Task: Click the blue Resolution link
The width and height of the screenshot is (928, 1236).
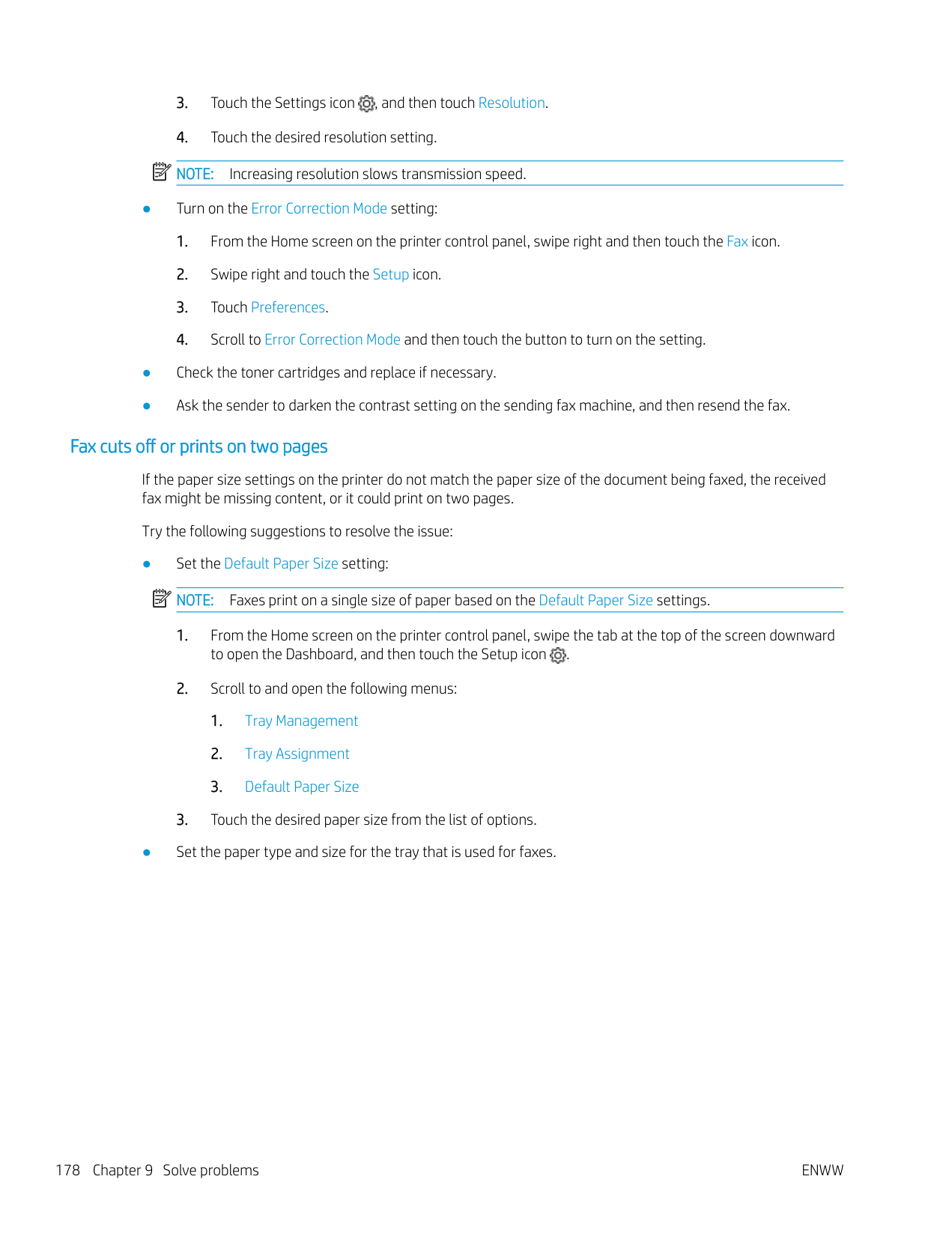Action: click(512, 103)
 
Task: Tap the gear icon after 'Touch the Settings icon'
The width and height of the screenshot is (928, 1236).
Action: click(366, 104)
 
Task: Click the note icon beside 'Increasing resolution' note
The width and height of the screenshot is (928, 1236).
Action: click(161, 172)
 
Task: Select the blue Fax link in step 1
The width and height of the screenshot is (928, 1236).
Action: click(737, 242)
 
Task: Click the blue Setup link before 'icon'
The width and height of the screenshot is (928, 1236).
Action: click(390, 275)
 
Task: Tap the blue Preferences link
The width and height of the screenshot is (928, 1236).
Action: click(288, 308)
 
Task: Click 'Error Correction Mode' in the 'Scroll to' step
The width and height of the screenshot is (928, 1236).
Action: click(332, 340)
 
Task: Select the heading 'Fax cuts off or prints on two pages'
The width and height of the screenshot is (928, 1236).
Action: click(198, 447)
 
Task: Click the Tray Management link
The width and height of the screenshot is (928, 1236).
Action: click(301, 721)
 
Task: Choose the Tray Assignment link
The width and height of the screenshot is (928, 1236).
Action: click(297, 754)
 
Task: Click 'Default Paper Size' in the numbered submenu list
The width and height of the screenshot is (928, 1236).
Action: click(301, 787)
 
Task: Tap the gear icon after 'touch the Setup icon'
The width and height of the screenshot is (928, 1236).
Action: click(558, 655)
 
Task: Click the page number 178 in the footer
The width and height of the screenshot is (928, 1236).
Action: click(67, 1171)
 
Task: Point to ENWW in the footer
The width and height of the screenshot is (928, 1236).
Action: click(822, 1171)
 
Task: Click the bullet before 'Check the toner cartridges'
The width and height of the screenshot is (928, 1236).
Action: click(147, 373)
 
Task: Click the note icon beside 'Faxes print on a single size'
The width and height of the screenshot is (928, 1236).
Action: click(161, 599)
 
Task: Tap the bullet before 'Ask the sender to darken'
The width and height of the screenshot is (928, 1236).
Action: click(147, 406)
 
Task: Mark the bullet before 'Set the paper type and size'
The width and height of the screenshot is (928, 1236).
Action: click(147, 852)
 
